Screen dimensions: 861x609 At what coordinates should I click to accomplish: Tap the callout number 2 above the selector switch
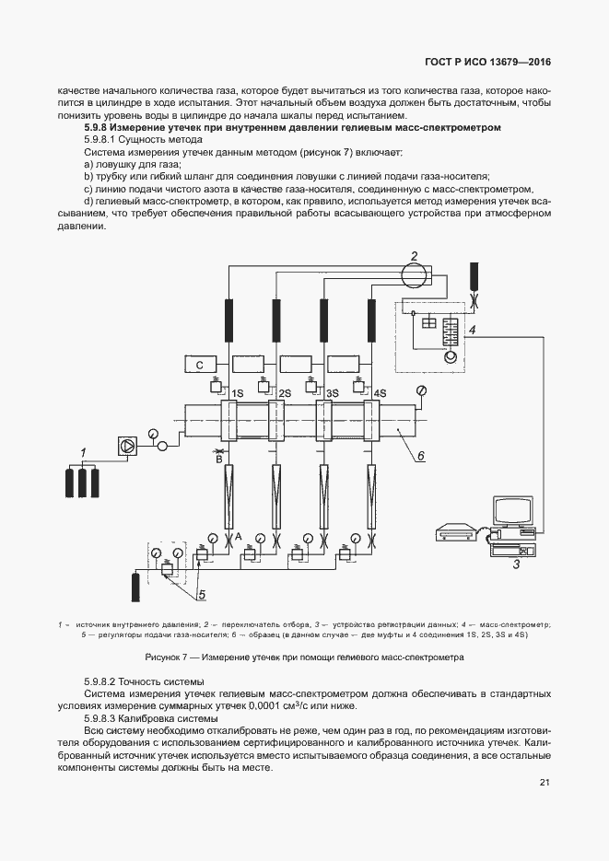pyautogui.click(x=415, y=256)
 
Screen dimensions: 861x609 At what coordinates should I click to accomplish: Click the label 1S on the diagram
pyautogui.click(x=237, y=394)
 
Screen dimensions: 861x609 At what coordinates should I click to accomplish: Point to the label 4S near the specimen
pyautogui.click(x=380, y=394)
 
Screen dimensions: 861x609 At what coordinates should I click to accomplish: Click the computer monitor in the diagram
pyautogui.click(x=512, y=512)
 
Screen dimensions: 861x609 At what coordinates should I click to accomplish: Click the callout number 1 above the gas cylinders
pyautogui.click(x=83, y=452)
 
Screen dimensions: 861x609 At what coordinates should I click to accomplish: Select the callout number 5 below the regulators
pyautogui.click(x=201, y=593)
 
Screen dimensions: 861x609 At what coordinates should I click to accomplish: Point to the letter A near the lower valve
pyautogui.click(x=238, y=535)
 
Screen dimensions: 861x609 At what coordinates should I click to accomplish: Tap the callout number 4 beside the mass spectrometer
pyautogui.click(x=472, y=329)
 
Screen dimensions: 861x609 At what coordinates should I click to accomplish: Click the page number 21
pyautogui.click(x=545, y=783)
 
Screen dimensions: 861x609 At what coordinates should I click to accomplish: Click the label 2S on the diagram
pyautogui.click(x=285, y=394)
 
